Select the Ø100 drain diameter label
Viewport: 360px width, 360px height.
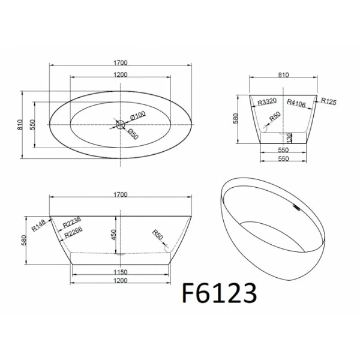(139, 115)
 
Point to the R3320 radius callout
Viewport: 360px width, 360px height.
(266, 103)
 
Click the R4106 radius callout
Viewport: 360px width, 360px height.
(296, 103)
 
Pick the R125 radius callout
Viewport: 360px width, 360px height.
(328, 102)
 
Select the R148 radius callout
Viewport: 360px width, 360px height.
(39, 224)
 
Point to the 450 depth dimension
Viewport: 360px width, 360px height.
(113, 235)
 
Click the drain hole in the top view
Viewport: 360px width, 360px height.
(120, 125)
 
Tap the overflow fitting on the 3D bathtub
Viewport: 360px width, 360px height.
(295, 207)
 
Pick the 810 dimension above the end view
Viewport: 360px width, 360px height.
(284, 75)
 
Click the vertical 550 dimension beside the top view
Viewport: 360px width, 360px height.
(34, 125)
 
